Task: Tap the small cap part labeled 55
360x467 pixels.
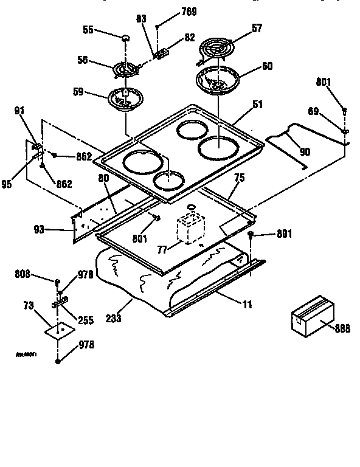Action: click(x=126, y=38)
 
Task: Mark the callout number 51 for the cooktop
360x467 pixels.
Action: click(x=257, y=105)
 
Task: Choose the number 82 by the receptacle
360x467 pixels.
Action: click(x=189, y=38)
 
